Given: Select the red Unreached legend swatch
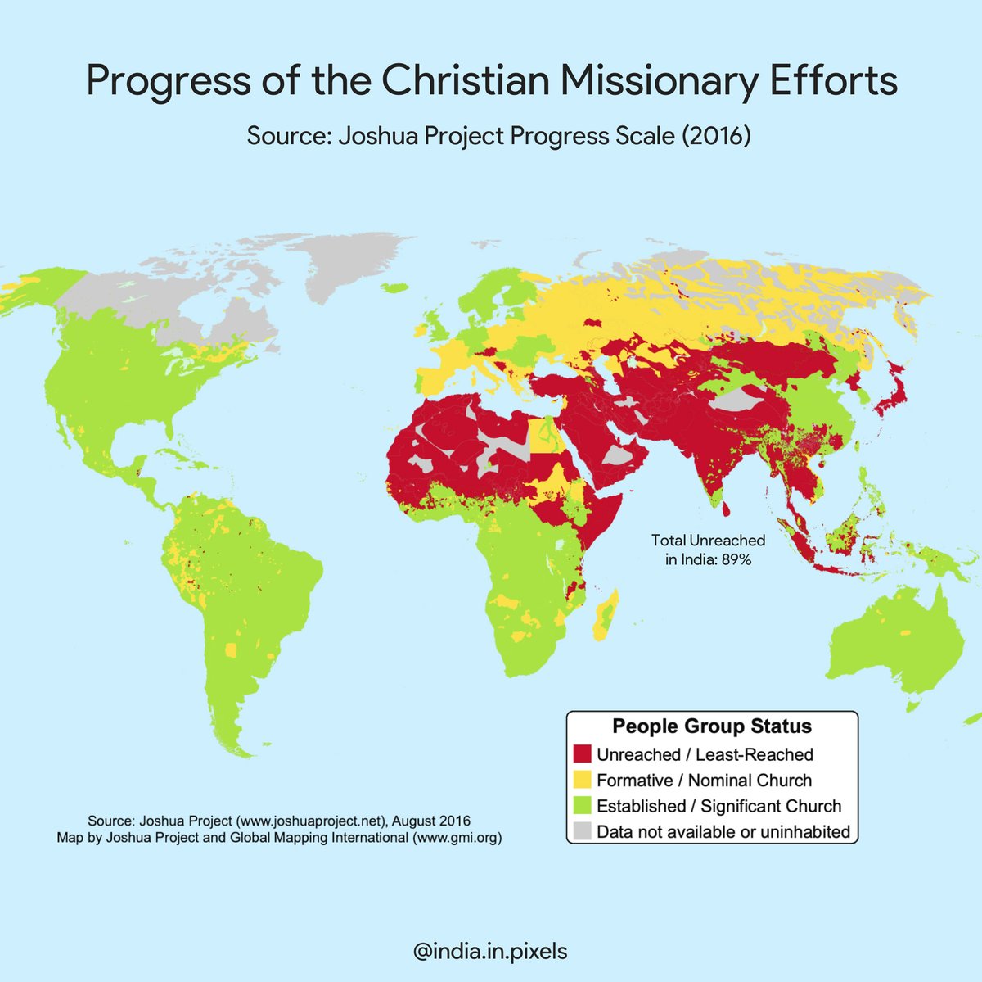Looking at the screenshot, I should point(583,753).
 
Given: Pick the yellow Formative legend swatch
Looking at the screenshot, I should point(583,780).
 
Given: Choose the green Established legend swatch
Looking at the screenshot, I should point(583,806).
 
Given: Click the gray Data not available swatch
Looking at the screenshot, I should point(583,832).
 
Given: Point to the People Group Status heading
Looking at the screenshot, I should point(712,726).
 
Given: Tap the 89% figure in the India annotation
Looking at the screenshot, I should point(735,561).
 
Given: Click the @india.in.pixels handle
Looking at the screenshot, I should point(491,952).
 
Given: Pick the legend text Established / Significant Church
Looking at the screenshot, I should point(718,806).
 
